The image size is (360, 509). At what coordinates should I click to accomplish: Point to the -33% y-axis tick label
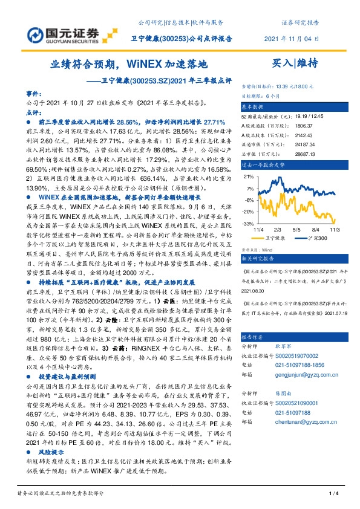[248, 224]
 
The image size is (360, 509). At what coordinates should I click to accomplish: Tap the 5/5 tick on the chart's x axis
[296, 230]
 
